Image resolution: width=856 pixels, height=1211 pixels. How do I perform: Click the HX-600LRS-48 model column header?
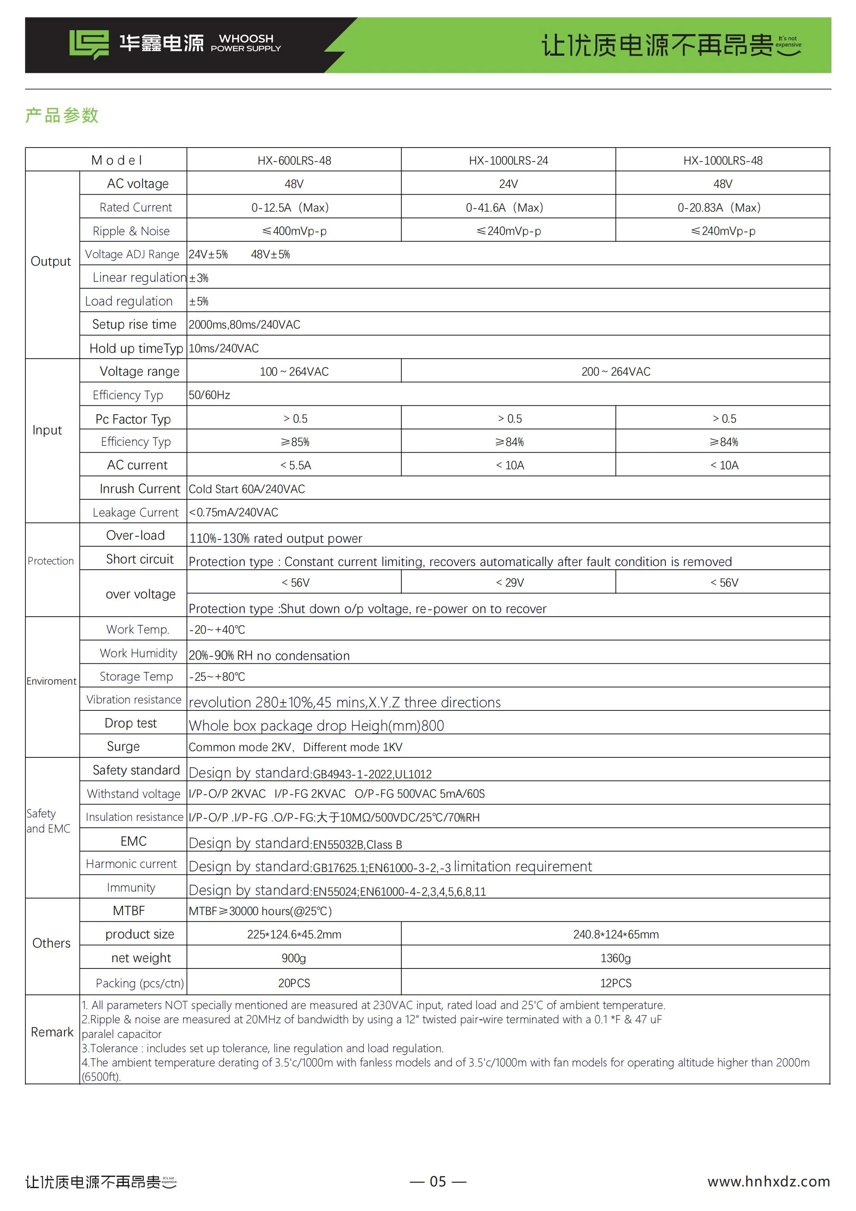point(294,161)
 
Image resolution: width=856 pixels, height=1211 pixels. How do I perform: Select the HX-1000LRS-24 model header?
point(508,161)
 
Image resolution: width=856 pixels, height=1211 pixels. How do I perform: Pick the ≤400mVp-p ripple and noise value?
point(294,231)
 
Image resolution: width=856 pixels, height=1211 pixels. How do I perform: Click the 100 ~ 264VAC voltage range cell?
point(294,371)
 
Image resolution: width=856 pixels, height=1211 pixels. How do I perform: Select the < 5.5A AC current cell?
point(296,465)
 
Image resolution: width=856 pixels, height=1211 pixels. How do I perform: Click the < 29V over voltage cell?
point(510,582)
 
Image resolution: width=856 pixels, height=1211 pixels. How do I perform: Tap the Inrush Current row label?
point(140,489)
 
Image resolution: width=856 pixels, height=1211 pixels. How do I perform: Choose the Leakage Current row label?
point(135,512)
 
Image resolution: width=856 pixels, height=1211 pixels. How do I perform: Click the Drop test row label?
point(130,723)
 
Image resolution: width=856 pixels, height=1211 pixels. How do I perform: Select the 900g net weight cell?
point(294,957)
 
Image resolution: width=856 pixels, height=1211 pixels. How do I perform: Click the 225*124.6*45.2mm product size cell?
point(294,934)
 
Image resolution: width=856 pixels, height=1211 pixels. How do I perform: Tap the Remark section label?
point(52,1031)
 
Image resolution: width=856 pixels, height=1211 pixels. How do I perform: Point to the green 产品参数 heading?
point(62,115)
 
